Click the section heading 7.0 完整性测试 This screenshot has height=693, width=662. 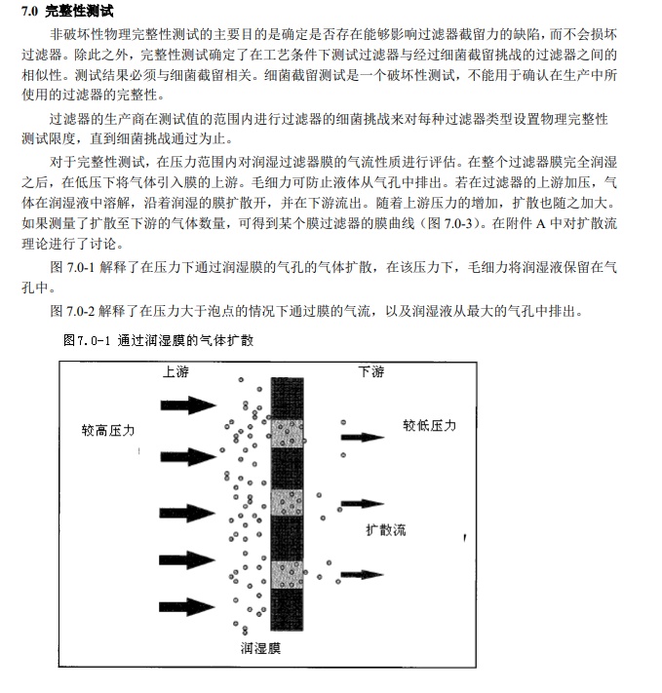pos(74,13)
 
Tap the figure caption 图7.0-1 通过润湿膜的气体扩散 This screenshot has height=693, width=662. pos(158,340)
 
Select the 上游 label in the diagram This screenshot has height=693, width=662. pos(175,372)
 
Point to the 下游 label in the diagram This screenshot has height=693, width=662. pos(371,371)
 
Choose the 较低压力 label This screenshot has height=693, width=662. pos(429,426)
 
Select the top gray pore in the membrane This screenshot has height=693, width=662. pos(288,434)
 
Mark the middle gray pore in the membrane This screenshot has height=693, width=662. pos(288,503)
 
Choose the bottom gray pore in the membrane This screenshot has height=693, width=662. pos(288,575)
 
